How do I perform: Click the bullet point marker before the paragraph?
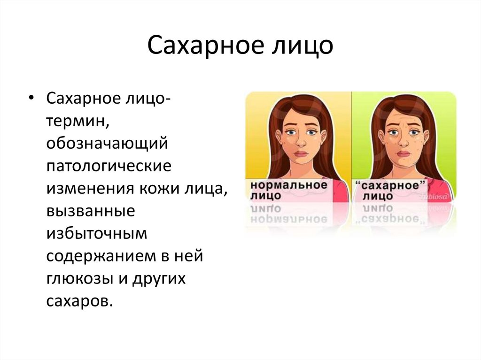(31, 100)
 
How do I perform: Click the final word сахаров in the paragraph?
(79, 301)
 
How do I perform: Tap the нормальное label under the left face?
(288, 184)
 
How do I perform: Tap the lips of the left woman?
(298, 154)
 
